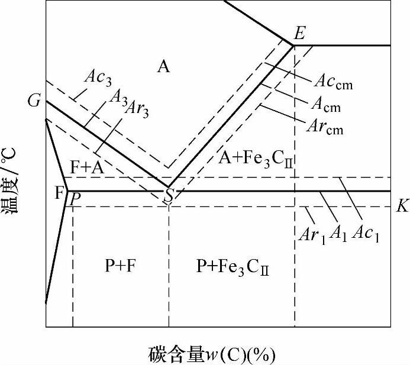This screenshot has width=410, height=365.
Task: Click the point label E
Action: coord(299,33)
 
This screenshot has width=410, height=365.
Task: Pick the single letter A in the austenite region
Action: coord(163,66)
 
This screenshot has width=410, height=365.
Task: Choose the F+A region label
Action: coord(87,167)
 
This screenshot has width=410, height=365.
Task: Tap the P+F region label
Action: coord(122,266)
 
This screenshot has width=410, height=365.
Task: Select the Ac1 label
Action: coord(365,232)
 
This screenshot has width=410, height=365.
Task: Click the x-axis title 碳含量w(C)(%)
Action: coord(212,354)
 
